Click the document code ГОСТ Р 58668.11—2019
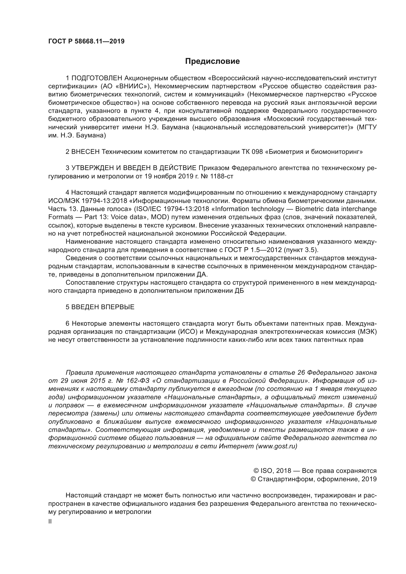pos(86,41)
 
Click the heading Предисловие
pos(212,61)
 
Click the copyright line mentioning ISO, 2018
pos(315,471)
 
